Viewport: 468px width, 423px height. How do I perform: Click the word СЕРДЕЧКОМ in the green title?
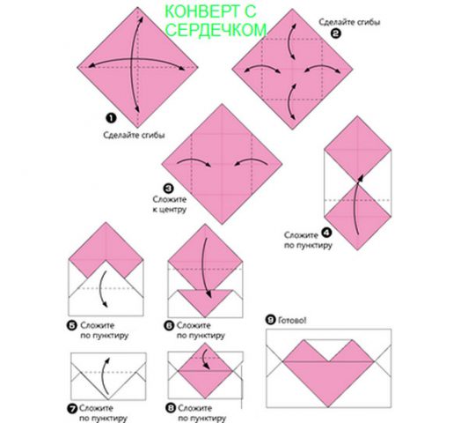tap(216, 30)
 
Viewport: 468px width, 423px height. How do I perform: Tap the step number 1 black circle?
tap(111, 118)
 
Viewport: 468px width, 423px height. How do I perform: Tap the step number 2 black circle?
tap(335, 33)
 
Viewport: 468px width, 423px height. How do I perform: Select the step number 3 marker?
tap(169, 189)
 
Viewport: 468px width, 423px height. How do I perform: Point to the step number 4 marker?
tap(326, 233)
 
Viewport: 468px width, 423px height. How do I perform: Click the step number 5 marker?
tap(72, 325)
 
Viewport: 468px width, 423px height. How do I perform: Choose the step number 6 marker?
tap(169, 325)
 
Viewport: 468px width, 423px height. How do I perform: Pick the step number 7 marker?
tap(72, 408)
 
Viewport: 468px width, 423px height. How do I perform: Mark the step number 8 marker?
tap(171, 408)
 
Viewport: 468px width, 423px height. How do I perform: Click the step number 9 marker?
tap(270, 320)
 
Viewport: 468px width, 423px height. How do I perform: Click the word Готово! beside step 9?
tap(292, 321)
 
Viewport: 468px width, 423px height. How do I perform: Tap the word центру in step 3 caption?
tap(173, 210)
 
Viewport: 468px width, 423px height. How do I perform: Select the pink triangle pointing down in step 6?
tap(205, 301)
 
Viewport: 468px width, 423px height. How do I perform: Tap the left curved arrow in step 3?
tap(194, 162)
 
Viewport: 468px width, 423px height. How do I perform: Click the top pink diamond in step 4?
tap(357, 149)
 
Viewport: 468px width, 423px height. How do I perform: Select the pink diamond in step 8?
tap(205, 371)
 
